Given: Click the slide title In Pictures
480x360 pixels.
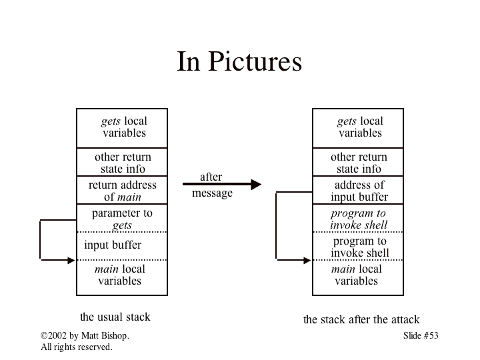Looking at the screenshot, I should point(239,62).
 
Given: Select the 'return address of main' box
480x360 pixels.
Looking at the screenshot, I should point(122,191).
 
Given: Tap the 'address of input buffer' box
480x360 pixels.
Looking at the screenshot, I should point(359,191).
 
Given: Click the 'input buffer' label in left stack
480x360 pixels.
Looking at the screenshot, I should point(113,245).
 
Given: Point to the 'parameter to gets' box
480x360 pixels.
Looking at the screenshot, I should point(122,219).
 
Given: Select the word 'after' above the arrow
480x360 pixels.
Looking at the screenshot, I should point(211,177).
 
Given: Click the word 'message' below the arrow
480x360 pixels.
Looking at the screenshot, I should point(212,193).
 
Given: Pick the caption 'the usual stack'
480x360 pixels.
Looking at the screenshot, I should point(115,317).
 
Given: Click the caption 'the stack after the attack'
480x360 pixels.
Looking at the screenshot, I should point(361,320).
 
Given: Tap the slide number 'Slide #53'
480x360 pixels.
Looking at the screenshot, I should point(421,336).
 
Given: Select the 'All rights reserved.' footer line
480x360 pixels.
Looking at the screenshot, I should point(77,347).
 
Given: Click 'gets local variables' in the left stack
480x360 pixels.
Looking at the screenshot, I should point(123,127).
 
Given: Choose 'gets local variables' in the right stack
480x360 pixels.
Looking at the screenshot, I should point(359,127).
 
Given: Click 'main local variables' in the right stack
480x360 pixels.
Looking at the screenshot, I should point(357,275).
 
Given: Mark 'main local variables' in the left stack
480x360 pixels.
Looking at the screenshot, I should point(120,275).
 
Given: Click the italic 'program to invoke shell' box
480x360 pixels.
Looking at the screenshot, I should point(358,219).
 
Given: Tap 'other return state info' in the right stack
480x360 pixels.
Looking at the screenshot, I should point(359,163).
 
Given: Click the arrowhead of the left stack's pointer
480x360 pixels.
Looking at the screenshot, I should point(71,260).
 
